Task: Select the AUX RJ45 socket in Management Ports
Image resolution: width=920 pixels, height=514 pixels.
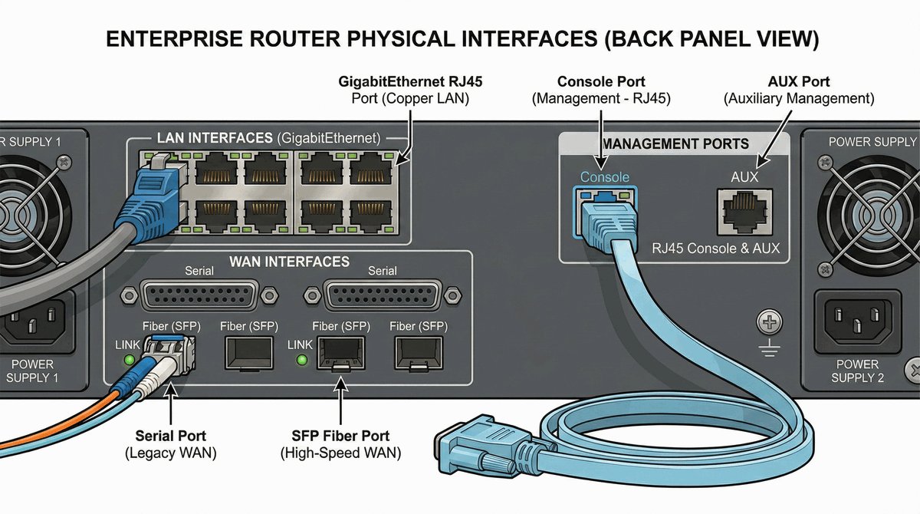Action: pyautogui.click(x=744, y=211)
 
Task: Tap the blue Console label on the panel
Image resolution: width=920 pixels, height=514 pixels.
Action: pyautogui.click(x=604, y=177)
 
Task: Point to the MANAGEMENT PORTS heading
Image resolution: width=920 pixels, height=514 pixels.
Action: pyautogui.click(x=675, y=143)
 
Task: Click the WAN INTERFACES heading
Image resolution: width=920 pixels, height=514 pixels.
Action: pyautogui.click(x=289, y=262)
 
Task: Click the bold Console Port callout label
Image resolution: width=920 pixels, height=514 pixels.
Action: pyautogui.click(x=601, y=81)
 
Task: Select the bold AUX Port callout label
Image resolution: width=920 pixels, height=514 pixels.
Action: pyautogui.click(x=798, y=81)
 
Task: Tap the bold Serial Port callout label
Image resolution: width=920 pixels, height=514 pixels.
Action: pyautogui.click(x=170, y=437)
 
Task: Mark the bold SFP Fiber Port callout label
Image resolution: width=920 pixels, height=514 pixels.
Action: pyautogui.click(x=340, y=437)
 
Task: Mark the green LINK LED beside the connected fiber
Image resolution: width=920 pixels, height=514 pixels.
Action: pyautogui.click(x=129, y=360)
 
